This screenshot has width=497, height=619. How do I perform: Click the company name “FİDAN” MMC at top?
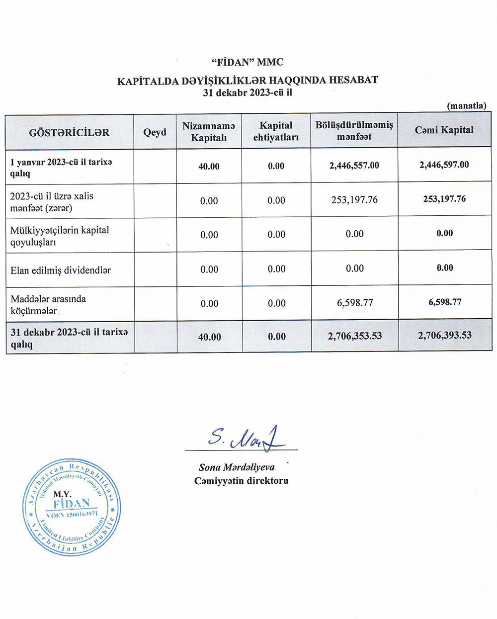[247, 62]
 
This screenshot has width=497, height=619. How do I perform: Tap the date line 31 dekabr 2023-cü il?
[247, 92]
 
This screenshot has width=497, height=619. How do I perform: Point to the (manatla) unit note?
[466, 105]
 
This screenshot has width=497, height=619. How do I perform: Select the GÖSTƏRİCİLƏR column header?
[69, 132]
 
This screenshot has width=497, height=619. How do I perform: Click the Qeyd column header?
[155, 132]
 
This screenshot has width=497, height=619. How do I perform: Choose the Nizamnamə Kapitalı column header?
[209, 132]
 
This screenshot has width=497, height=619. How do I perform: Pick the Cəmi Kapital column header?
[444, 130]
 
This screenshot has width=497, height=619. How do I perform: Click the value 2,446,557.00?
[354, 165]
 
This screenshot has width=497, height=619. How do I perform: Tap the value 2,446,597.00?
[444, 165]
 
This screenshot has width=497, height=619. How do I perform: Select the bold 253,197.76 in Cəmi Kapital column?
[444, 199]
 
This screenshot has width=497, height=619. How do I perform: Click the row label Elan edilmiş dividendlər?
[61, 270]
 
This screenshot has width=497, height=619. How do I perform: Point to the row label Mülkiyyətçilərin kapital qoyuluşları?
[60, 236]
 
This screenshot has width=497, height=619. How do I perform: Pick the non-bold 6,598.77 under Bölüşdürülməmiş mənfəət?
[355, 302]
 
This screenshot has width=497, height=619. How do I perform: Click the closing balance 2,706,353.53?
[355, 336]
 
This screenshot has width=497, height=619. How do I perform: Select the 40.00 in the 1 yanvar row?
[209, 166]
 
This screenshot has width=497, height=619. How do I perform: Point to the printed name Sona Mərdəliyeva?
[237, 467]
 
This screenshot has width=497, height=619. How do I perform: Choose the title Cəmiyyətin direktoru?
[242, 481]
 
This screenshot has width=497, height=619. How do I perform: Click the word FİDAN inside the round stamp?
[71, 504]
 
